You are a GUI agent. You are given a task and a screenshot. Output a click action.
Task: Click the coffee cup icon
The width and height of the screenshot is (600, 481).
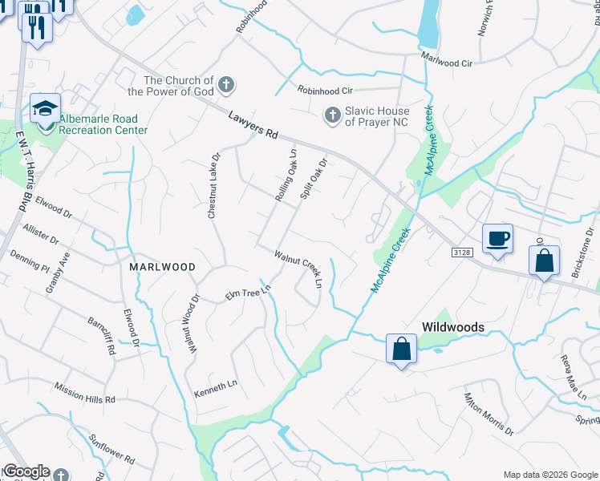click(x=497, y=238)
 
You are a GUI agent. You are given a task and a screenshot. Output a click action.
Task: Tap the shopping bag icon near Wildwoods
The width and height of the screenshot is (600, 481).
click(x=401, y=349)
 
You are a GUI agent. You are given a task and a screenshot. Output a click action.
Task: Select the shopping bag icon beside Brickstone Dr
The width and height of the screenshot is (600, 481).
click(x=544, y=261)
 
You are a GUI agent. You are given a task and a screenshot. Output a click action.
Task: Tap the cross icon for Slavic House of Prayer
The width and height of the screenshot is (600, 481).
click(x=332, y=116)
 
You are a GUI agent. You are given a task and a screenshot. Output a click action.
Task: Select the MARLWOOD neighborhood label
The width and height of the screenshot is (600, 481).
click(x=158, y=266)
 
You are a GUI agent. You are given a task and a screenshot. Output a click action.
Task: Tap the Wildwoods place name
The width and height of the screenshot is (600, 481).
click(x=453, y=327)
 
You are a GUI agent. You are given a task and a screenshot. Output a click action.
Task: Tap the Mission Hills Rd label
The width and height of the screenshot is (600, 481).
click(x=85, y=396)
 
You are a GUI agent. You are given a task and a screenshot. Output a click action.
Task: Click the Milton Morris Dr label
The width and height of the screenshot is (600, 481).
click(x=488, y=413)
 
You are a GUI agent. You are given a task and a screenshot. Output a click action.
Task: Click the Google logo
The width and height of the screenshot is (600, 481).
click(x=26, y=471)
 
